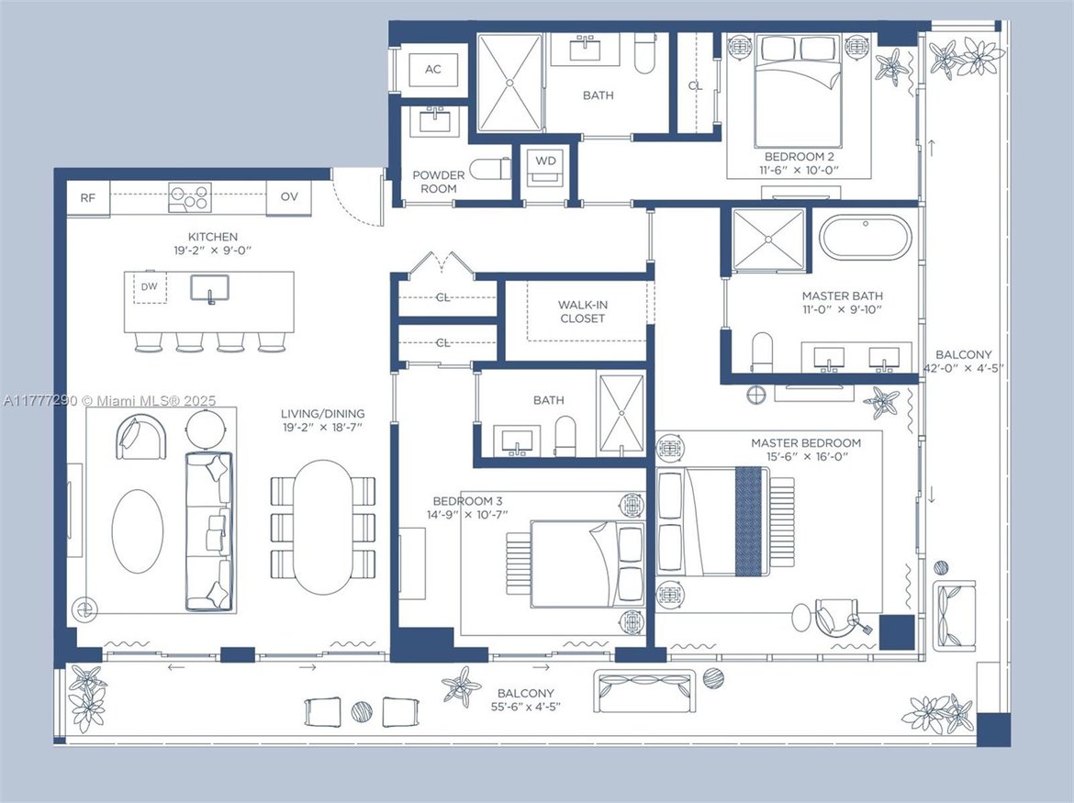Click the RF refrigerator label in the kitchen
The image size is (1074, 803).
coord(88,198)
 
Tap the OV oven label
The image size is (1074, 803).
coord(289,196)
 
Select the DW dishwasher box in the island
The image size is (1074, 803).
coord(150,287)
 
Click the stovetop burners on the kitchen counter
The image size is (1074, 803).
coord(190,197)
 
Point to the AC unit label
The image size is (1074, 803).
coord(433,69)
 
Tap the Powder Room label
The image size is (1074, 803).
coord(439,182)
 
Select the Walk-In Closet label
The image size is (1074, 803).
coord(582,311)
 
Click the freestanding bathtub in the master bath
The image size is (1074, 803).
coord(866,237)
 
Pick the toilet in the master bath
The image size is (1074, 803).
coord(762,351)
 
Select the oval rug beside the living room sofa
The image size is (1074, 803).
coord(138,531)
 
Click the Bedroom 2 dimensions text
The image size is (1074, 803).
coord(799,170)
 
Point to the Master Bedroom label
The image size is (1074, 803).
coord(806,443)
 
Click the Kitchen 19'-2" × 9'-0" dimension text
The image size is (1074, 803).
coord(213,251)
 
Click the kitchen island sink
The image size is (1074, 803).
coord(209,288)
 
